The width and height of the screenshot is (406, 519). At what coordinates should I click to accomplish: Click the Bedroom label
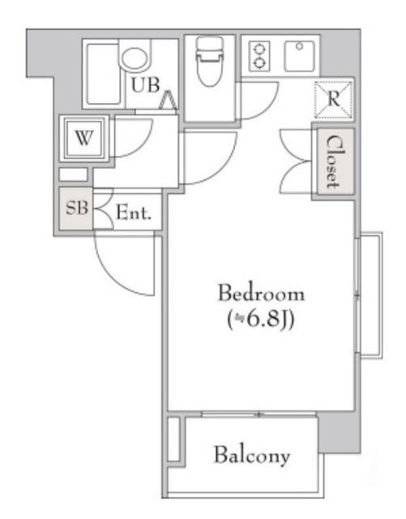261,293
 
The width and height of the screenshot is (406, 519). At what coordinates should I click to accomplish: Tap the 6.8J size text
261,320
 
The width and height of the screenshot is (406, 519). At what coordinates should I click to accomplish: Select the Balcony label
252,456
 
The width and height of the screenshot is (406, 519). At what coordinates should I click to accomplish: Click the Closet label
333,161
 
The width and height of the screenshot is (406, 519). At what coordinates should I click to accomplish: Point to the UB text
146,84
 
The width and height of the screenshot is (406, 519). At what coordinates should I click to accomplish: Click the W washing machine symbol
84,139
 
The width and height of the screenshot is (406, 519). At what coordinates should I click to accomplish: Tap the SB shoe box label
77,208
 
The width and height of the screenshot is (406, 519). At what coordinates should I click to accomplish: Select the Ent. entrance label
134,212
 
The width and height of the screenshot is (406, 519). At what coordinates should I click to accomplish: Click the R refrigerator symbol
333,100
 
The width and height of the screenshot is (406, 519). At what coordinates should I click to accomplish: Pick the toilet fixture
209,62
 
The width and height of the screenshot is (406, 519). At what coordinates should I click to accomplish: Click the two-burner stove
259,56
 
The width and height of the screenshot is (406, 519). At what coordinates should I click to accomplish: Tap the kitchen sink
300,56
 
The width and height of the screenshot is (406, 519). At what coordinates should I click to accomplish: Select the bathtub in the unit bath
103,74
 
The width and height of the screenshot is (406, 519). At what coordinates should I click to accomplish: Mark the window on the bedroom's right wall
369,295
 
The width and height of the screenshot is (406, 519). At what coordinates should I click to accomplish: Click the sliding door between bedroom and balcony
259,414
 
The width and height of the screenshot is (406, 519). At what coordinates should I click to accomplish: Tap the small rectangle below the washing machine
73,174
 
